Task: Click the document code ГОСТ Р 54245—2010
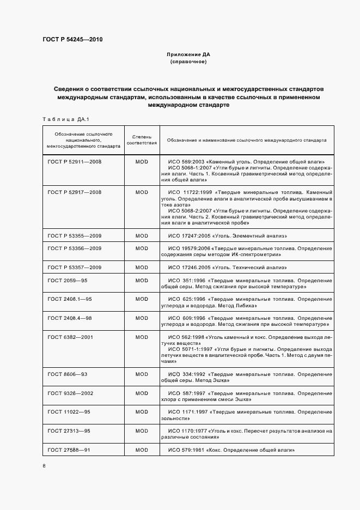coord(72,40)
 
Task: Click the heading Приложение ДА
coord(188,55)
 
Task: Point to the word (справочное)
coord(188,62)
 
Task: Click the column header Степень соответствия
coord(142,139)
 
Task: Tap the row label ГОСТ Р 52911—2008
coord(75,162)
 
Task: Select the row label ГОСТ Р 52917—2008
coord(75,192)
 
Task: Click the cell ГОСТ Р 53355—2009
coord(75,235)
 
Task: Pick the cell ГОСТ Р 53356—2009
coord(75,248)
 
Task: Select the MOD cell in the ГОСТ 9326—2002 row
coord(142,393)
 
